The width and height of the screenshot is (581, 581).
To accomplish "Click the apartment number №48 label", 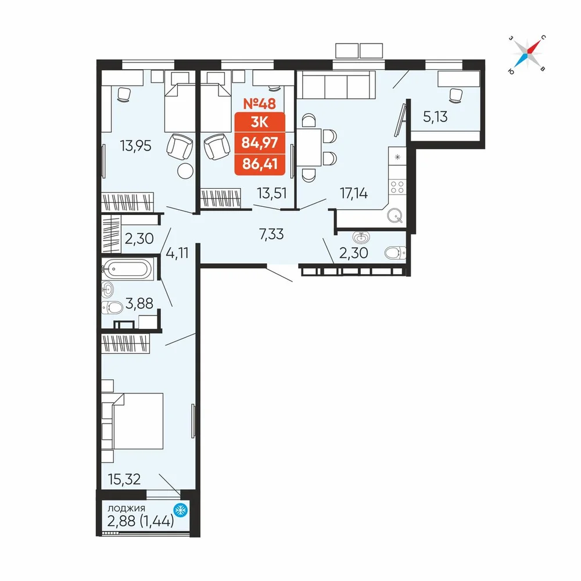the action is coord(259,104).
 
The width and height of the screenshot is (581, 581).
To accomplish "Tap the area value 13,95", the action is coord(135,146).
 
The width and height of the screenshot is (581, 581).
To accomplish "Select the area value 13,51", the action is coord(272,193).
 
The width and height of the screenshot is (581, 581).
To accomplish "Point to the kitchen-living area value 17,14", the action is coord(354,193).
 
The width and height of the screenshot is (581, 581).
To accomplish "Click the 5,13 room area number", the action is coord(435,117).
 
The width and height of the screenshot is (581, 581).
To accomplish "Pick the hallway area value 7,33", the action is coord(271,234).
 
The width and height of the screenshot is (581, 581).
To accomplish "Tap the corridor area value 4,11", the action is coord(177,253).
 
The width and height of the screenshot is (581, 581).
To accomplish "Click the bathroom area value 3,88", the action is coord(139,303).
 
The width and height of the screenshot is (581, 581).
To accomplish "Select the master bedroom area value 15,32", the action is coord(124,479).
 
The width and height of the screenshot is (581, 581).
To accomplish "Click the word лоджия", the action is coord(126,508).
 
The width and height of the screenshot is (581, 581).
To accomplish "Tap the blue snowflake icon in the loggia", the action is coord(181,510).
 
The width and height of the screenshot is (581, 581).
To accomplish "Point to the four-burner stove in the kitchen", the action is coord(397,187).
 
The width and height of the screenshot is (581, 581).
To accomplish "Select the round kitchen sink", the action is coord(395,216).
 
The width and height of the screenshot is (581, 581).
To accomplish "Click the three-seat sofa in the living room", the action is coord(336,85).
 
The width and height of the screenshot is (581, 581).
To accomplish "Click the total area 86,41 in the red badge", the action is coord(260,163).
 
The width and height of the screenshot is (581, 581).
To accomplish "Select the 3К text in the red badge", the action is coord(259,121).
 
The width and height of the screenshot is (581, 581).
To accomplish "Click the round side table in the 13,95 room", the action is coord(185,171).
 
